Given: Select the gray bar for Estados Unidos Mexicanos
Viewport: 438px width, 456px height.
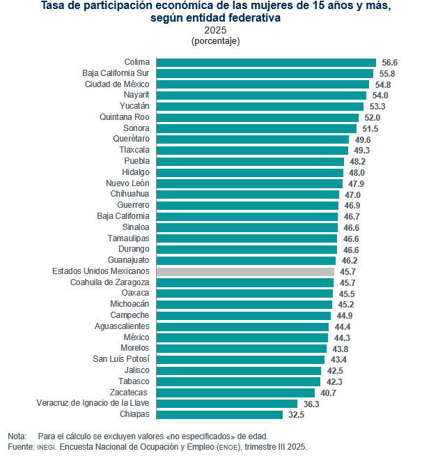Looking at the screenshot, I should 245,271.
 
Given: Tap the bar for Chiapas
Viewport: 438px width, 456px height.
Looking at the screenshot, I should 219,414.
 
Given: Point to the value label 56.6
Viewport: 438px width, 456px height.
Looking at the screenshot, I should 389,63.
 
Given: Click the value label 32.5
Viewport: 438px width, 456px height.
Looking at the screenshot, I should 297,414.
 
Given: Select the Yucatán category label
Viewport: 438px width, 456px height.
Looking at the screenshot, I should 134,106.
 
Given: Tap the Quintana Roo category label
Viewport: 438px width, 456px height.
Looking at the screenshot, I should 125,117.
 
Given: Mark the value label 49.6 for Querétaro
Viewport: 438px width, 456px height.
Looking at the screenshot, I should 362,139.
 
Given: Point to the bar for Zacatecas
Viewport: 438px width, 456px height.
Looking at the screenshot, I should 235,393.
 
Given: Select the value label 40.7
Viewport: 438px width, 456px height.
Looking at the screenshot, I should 328,393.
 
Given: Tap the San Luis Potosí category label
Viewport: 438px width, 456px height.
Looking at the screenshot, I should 121,359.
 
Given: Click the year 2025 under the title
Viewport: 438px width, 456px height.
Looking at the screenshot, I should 215,30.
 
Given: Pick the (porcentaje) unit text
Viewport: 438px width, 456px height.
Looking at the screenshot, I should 215,41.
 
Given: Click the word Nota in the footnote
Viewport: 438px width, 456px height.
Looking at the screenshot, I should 17,435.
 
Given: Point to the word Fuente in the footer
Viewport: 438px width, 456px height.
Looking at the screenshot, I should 20,446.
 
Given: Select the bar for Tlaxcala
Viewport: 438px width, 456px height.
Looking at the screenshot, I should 252,151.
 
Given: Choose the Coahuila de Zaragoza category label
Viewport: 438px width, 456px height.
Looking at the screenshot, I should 110,282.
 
